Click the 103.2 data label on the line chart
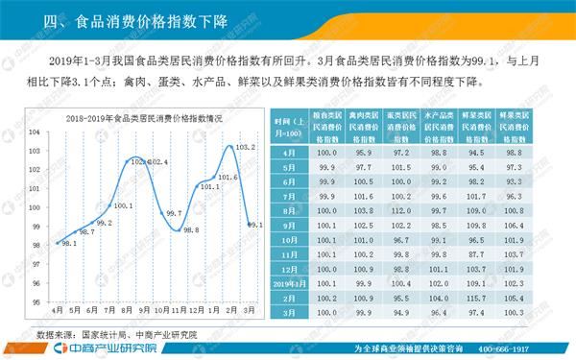[x=245, y=147]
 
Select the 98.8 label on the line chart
[x=191, y=229]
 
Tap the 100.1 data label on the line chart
[x=123, y=205]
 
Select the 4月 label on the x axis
[x=58, y=312]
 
